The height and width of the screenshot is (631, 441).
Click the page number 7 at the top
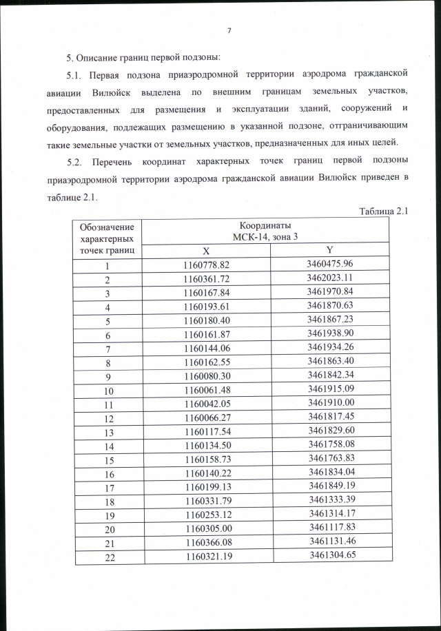point(228,30)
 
